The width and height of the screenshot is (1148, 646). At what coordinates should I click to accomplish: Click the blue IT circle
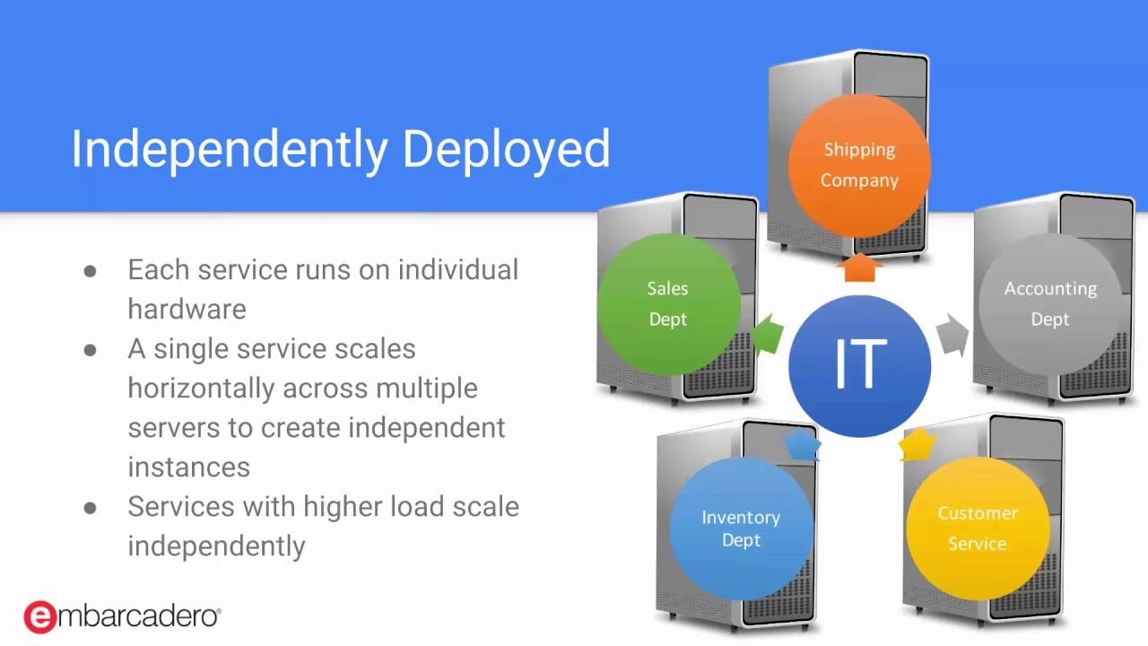pos(859,366)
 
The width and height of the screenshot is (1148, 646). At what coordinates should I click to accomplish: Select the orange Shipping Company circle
pos(859,165)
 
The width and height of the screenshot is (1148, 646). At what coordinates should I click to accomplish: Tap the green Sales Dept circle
pos(669,304)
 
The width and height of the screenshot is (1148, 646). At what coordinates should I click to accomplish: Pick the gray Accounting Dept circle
pos(1050,304)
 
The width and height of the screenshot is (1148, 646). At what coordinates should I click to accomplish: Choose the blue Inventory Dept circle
pos(741,528)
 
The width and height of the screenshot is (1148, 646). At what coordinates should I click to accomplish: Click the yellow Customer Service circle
pos(978,528)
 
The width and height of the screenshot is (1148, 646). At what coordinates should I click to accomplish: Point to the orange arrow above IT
pos(859,266)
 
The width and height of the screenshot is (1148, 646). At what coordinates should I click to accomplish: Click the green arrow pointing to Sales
pos(768,335)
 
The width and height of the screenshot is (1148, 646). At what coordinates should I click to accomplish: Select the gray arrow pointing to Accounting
pos(952,335)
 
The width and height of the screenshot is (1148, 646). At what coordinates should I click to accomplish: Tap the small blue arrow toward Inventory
pos(802,444)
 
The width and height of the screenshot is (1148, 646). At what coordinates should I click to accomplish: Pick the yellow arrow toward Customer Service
pos(918,444)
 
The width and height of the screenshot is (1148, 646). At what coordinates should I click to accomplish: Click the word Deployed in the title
pos(507,149)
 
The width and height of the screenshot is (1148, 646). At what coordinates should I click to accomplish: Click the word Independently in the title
pos(229,149)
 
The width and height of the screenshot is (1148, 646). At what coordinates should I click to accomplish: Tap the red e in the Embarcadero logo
pos(40,616)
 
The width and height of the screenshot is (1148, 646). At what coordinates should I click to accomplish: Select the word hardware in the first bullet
pos(187,310)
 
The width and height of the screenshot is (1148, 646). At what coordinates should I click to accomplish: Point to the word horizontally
pos(203,388)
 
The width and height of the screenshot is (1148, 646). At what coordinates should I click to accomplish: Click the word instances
pos(189,467)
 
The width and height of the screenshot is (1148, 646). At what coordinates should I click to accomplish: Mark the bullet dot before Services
pos(91,508)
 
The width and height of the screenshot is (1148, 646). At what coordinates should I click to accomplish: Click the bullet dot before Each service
pos(91,271)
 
